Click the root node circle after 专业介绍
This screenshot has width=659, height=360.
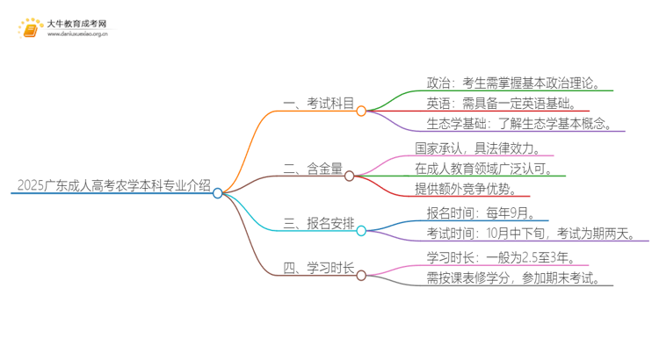point(218,193)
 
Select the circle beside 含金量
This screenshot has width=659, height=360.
point(349,176)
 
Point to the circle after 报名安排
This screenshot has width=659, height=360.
point(360,230)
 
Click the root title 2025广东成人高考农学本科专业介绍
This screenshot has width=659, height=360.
point(113,185)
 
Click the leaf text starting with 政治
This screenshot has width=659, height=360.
point(513,83)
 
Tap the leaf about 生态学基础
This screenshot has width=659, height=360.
point(518,123)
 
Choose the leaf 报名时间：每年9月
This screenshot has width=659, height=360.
point(481,212)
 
